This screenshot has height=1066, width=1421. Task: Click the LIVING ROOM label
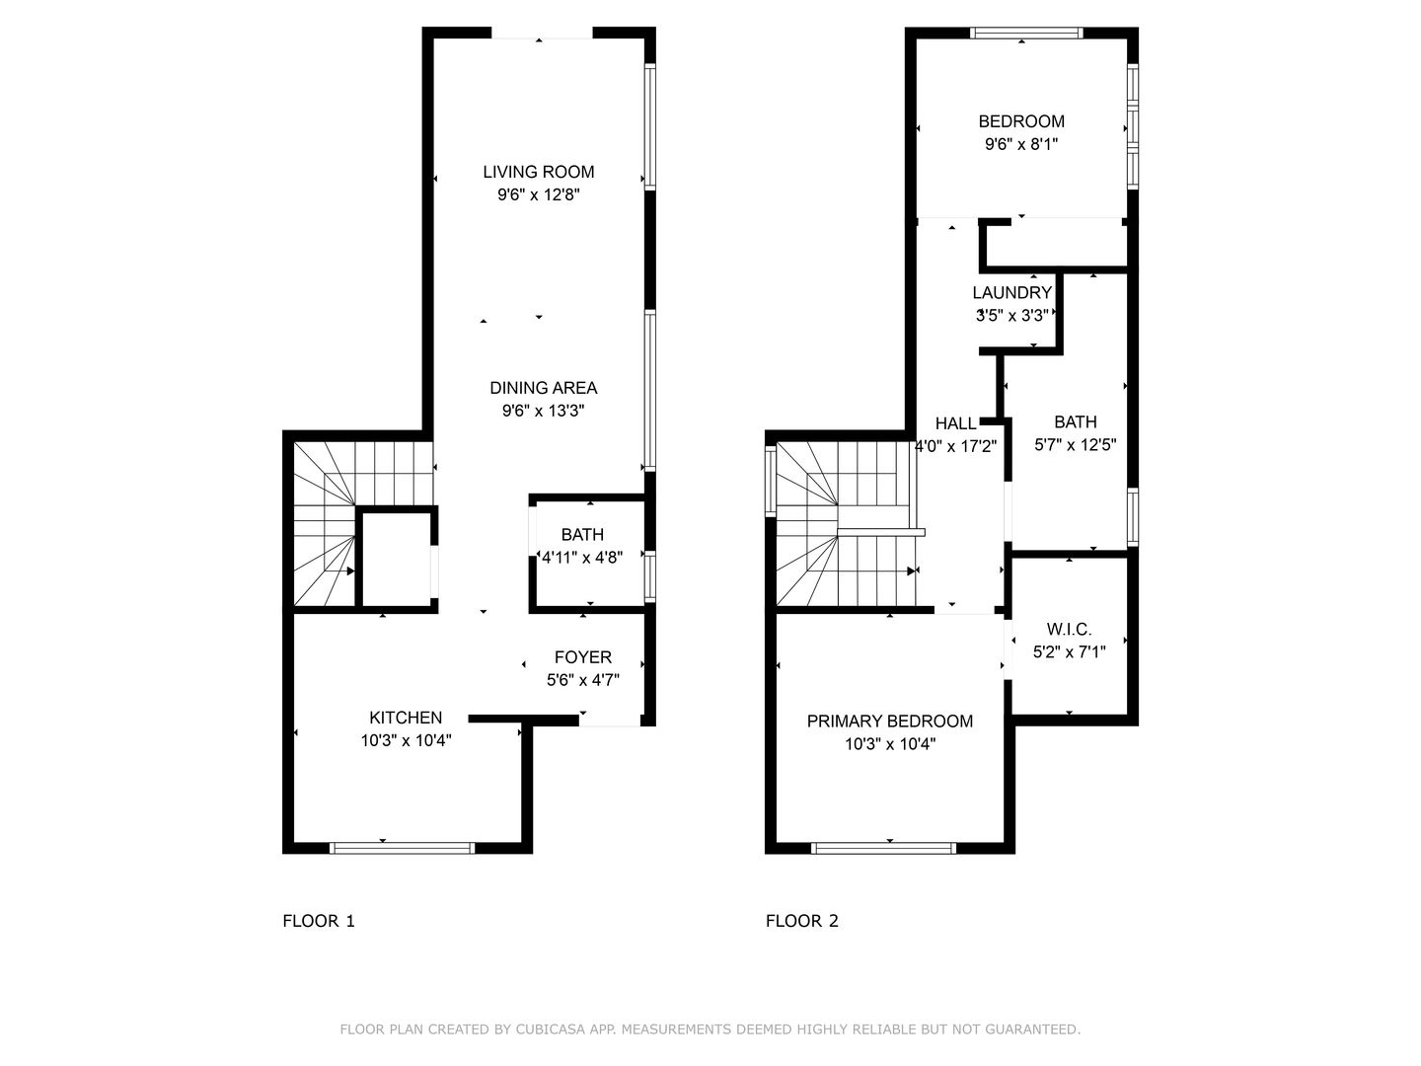[539, 172]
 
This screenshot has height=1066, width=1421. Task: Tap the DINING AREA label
[544, 388]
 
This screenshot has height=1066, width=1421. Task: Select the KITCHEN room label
[406, 718]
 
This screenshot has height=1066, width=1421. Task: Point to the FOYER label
[583, 657]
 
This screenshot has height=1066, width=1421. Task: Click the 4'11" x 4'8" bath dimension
[582, 557]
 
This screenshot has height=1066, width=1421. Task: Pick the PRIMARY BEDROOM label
[890, 722]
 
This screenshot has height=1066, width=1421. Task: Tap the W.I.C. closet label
[1069, 630]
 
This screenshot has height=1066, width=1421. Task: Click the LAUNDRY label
[1011, 293]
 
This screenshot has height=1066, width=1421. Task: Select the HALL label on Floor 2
[955, 423]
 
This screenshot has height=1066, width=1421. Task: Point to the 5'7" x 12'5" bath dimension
[1075, 445]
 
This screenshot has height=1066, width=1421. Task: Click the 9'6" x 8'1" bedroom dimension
[1021, 144]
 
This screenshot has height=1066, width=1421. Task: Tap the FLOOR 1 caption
[319, 921]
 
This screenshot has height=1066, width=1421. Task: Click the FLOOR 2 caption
[802, 921]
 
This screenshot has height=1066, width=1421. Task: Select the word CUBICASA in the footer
[556, 1029]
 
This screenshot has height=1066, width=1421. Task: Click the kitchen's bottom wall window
[402, 847]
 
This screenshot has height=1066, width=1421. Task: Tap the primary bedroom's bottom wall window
[883, 847]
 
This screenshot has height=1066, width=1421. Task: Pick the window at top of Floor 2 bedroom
[1026, 33]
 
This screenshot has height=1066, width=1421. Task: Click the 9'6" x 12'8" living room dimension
[539, 194]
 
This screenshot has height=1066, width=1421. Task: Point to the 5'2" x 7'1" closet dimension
[1069, 652]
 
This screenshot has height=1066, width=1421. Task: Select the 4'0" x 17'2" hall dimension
[956, 446]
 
